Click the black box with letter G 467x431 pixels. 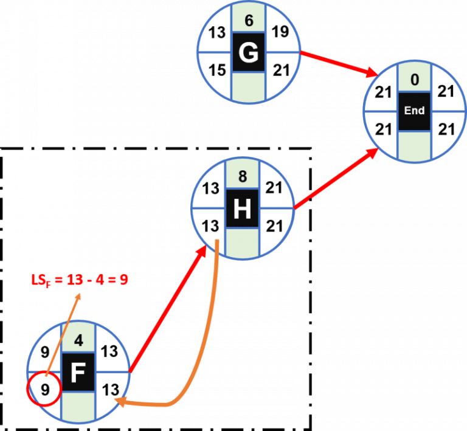click(248, 53)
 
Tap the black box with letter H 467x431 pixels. click(242, 210)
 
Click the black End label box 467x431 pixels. click(414, 111)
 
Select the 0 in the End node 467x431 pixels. click(414, 79)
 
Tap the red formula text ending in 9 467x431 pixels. click(80, 280)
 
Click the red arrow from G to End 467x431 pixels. click(338, 64)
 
